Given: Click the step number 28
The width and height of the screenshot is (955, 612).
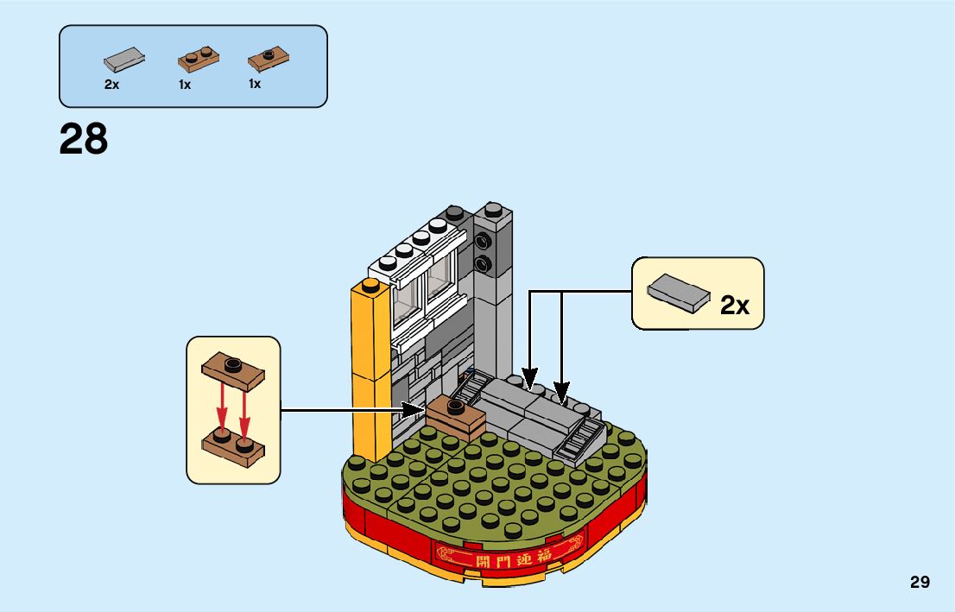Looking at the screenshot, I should pos(84,139).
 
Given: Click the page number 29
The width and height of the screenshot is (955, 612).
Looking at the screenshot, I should pos(920,582).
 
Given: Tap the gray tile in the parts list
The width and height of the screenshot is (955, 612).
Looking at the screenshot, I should pos(124,60).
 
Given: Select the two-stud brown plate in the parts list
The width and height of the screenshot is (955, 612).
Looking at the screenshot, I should pos(198,59).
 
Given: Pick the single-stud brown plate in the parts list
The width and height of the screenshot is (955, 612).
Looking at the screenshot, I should pos(268,60).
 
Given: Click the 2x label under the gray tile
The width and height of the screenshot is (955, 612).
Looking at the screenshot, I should pos(111,85).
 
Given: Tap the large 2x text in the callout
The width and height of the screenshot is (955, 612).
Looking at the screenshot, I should pos(735,305).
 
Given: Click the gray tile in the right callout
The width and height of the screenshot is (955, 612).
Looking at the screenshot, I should pos(678,292).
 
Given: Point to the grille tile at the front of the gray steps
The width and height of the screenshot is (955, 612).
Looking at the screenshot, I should pos(581,439).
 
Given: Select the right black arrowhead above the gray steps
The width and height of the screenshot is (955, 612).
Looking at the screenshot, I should pos(562,393).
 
